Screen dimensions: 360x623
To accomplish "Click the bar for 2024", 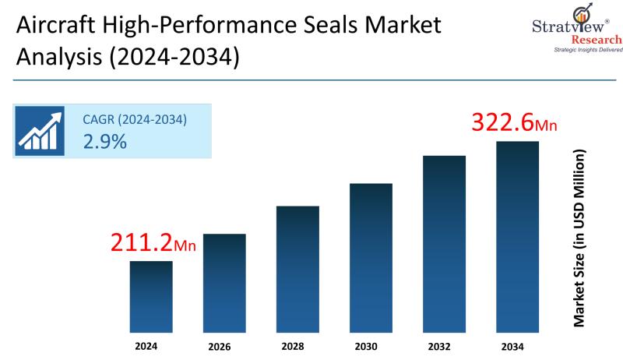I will (x=151, y=296).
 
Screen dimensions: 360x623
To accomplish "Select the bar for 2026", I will (x=224, y=282).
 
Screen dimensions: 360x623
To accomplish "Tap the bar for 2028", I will (x=297, y=269).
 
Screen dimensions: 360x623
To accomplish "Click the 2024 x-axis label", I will (x=151, y=344).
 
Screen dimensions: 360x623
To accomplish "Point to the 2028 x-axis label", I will (x=297, y=344).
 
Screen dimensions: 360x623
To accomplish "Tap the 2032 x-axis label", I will (x=444, y=344).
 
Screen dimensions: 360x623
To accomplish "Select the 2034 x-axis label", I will (x=517, y=344).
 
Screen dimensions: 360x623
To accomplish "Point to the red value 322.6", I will (x=503, y=123).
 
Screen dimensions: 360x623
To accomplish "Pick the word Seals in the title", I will (x=327, y=26).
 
